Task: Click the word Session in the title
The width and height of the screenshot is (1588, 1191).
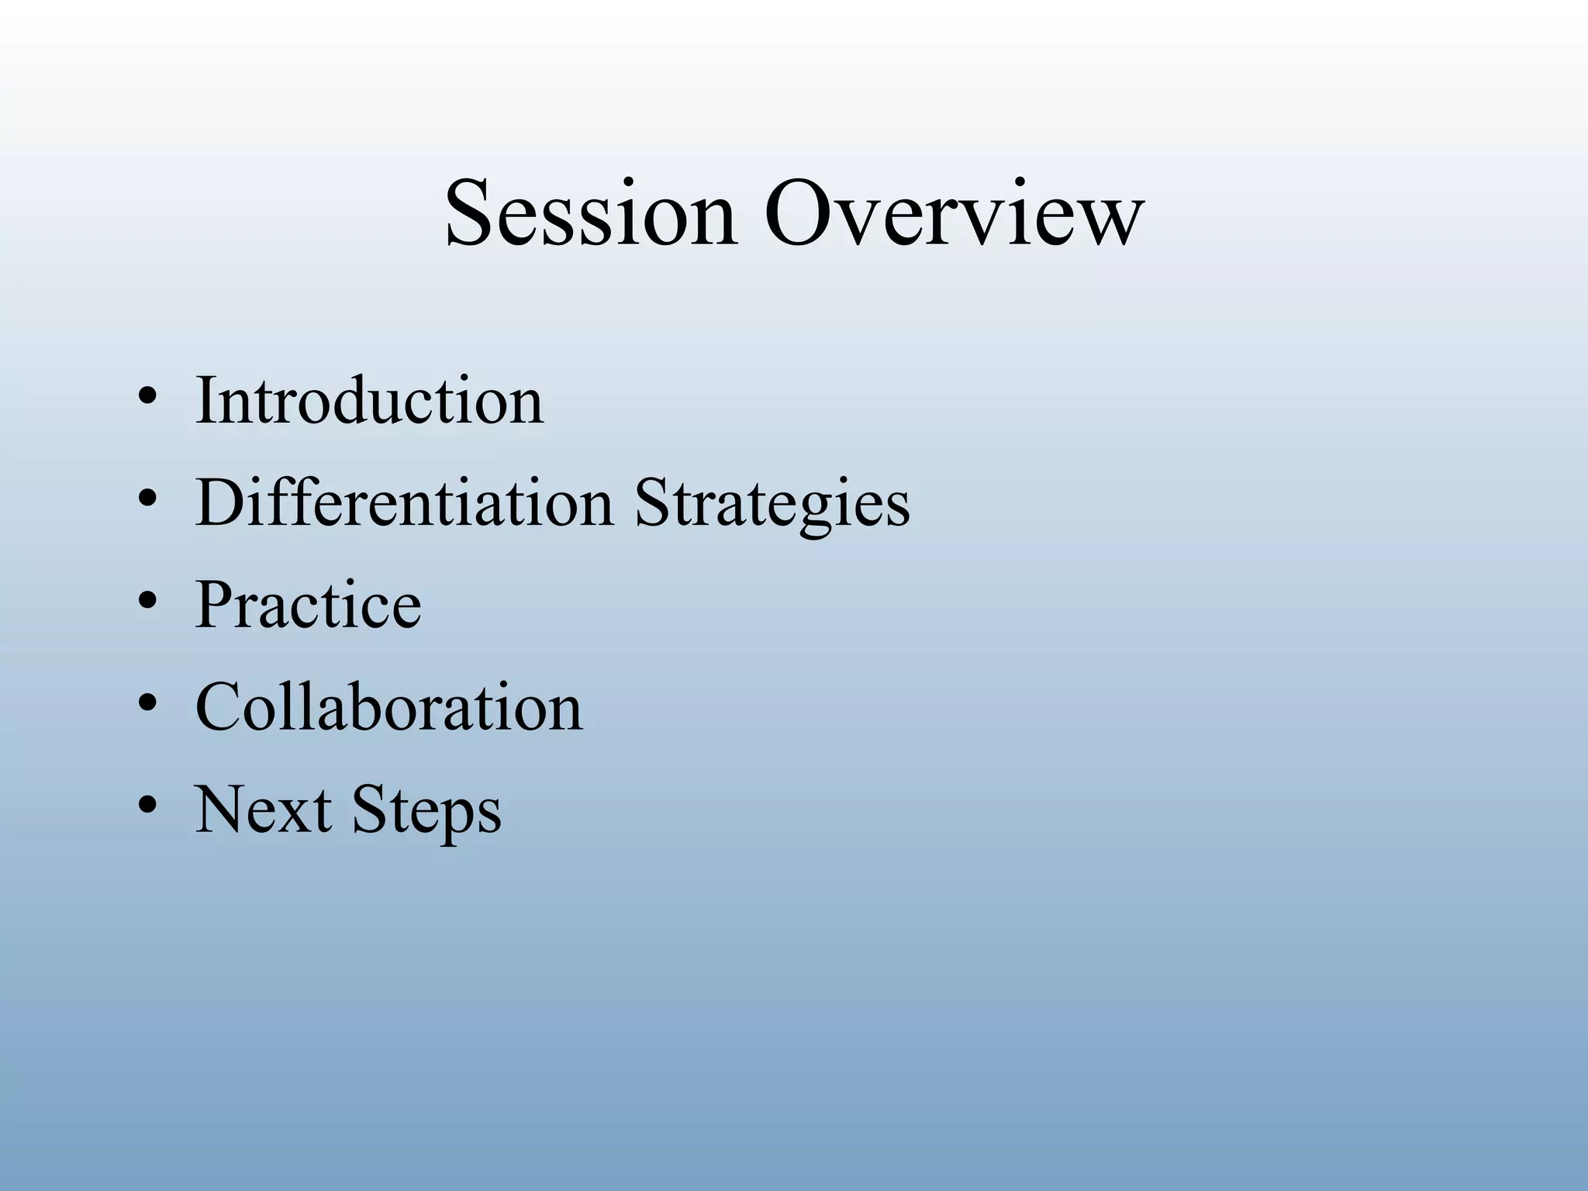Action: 591,213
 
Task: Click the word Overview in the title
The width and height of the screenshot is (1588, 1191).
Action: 953,213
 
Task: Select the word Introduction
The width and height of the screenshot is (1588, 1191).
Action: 369,401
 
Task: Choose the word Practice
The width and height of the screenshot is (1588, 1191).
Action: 308,606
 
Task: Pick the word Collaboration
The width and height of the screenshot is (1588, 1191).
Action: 388,707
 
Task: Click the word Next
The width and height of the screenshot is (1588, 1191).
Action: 263,810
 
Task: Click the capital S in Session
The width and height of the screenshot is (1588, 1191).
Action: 471,213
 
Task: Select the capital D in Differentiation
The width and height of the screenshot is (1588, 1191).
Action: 221,503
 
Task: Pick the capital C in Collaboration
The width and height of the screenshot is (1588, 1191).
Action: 221,707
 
